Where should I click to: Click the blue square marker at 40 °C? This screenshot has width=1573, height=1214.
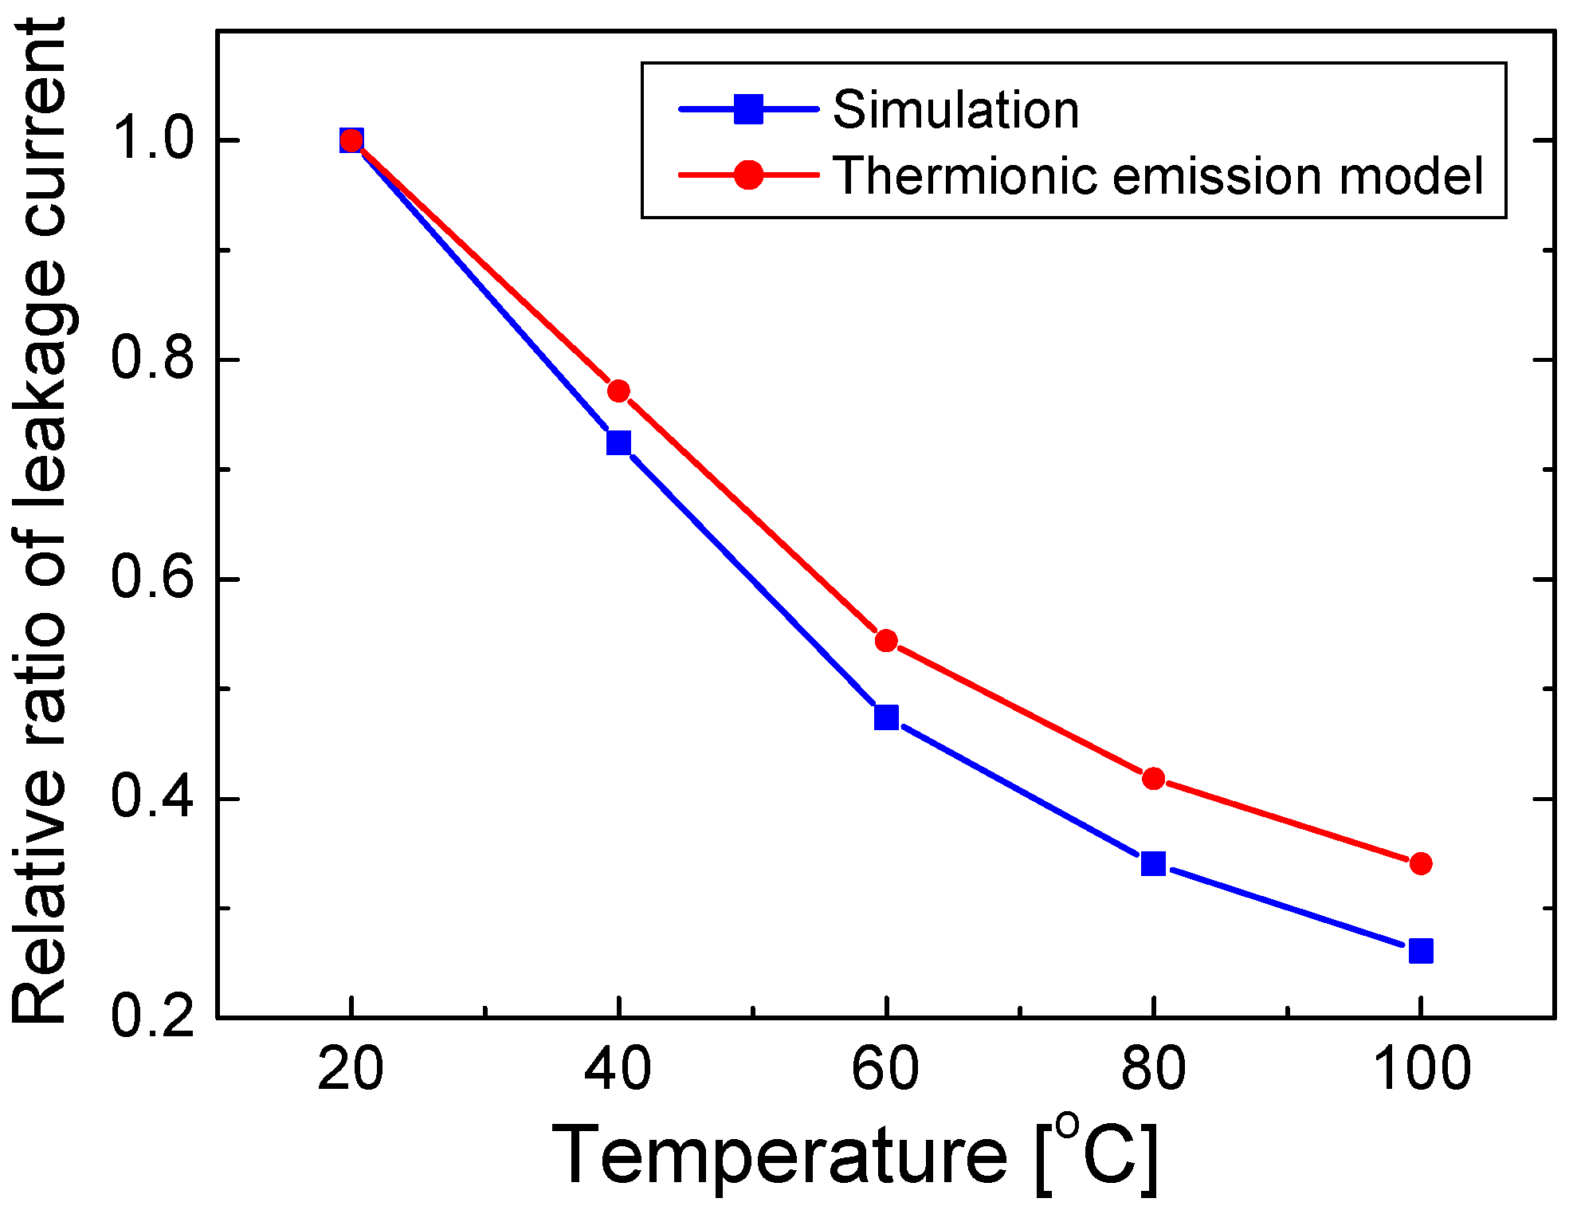(x=618, y=442)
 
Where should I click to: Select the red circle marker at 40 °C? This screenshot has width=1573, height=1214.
(x=618, y=391)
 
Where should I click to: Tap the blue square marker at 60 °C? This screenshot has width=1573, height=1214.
(x=886, y=717)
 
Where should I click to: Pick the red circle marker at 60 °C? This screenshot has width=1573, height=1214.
(x=886, y=641)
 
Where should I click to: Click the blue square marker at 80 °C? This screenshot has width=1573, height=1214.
(x=1153, y=863)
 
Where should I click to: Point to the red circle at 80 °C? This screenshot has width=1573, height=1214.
(x=1153, y=778)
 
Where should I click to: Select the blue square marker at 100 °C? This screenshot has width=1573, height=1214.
(x=1421, y=951)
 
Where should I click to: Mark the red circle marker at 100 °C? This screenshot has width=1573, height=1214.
(x=1421, y=863)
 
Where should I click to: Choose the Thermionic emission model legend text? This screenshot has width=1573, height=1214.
(x=1157, y=175)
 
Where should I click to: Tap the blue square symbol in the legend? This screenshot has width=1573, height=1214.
(x=748, y=109)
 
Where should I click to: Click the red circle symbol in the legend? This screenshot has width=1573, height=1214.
(x=748, y=175)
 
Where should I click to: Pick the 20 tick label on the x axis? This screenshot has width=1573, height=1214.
(x=351, y=1070)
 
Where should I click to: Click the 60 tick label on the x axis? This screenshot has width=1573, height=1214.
(x=885, y=1070)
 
